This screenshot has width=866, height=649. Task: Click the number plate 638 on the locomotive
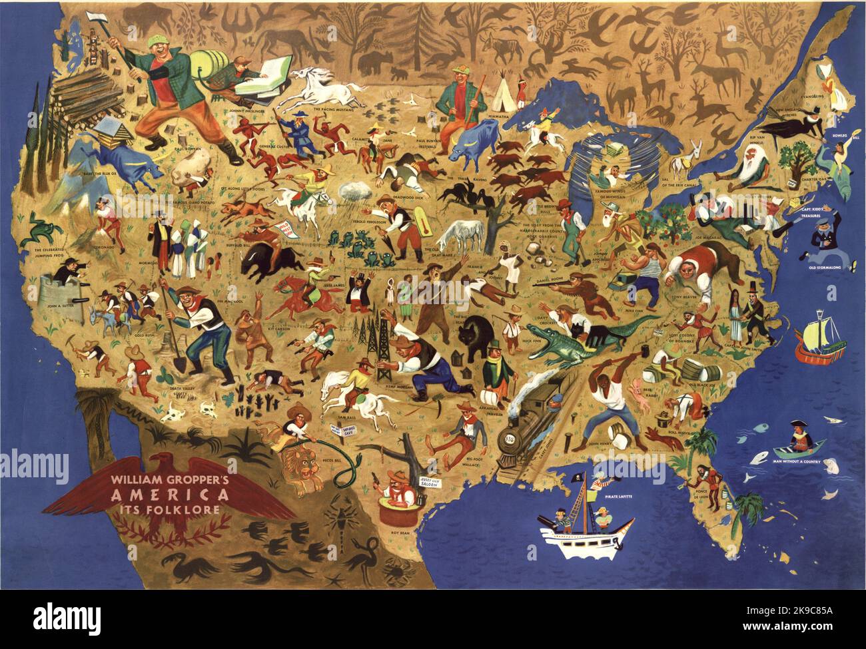tap(510, 437)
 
